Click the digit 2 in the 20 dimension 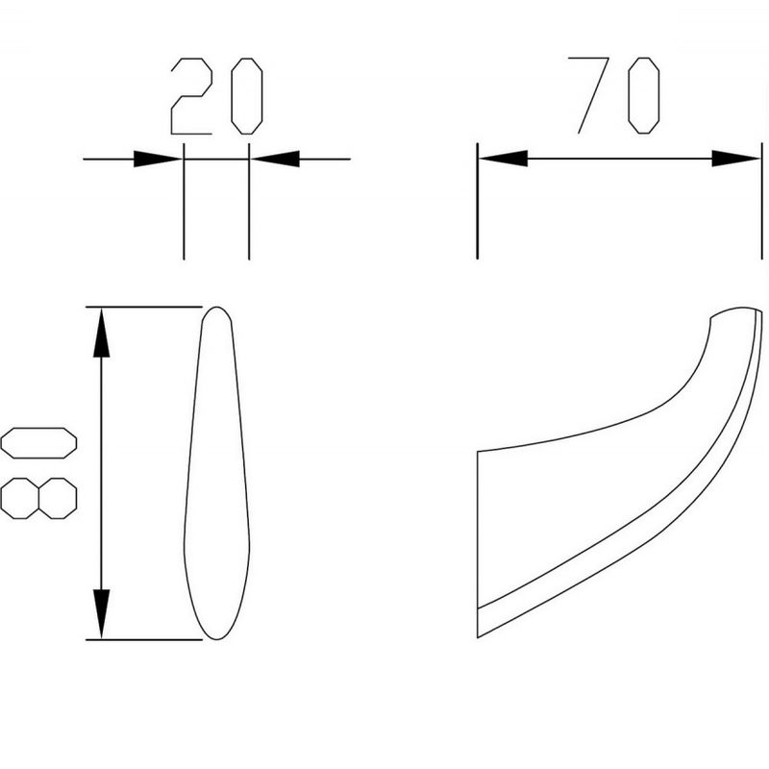click(x=191, y=96)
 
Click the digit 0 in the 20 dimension click(x=247, y=96)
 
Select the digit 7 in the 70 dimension click(x=588, y=95)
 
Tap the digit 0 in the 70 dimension click(x=643, y=95)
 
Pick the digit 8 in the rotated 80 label click(x=38, y=498)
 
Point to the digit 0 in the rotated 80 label click(x=38, y=443)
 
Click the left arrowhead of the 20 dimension click(x=158, y=159)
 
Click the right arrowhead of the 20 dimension click(x=275, y=159)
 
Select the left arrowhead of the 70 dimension click(x=503, y=159)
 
